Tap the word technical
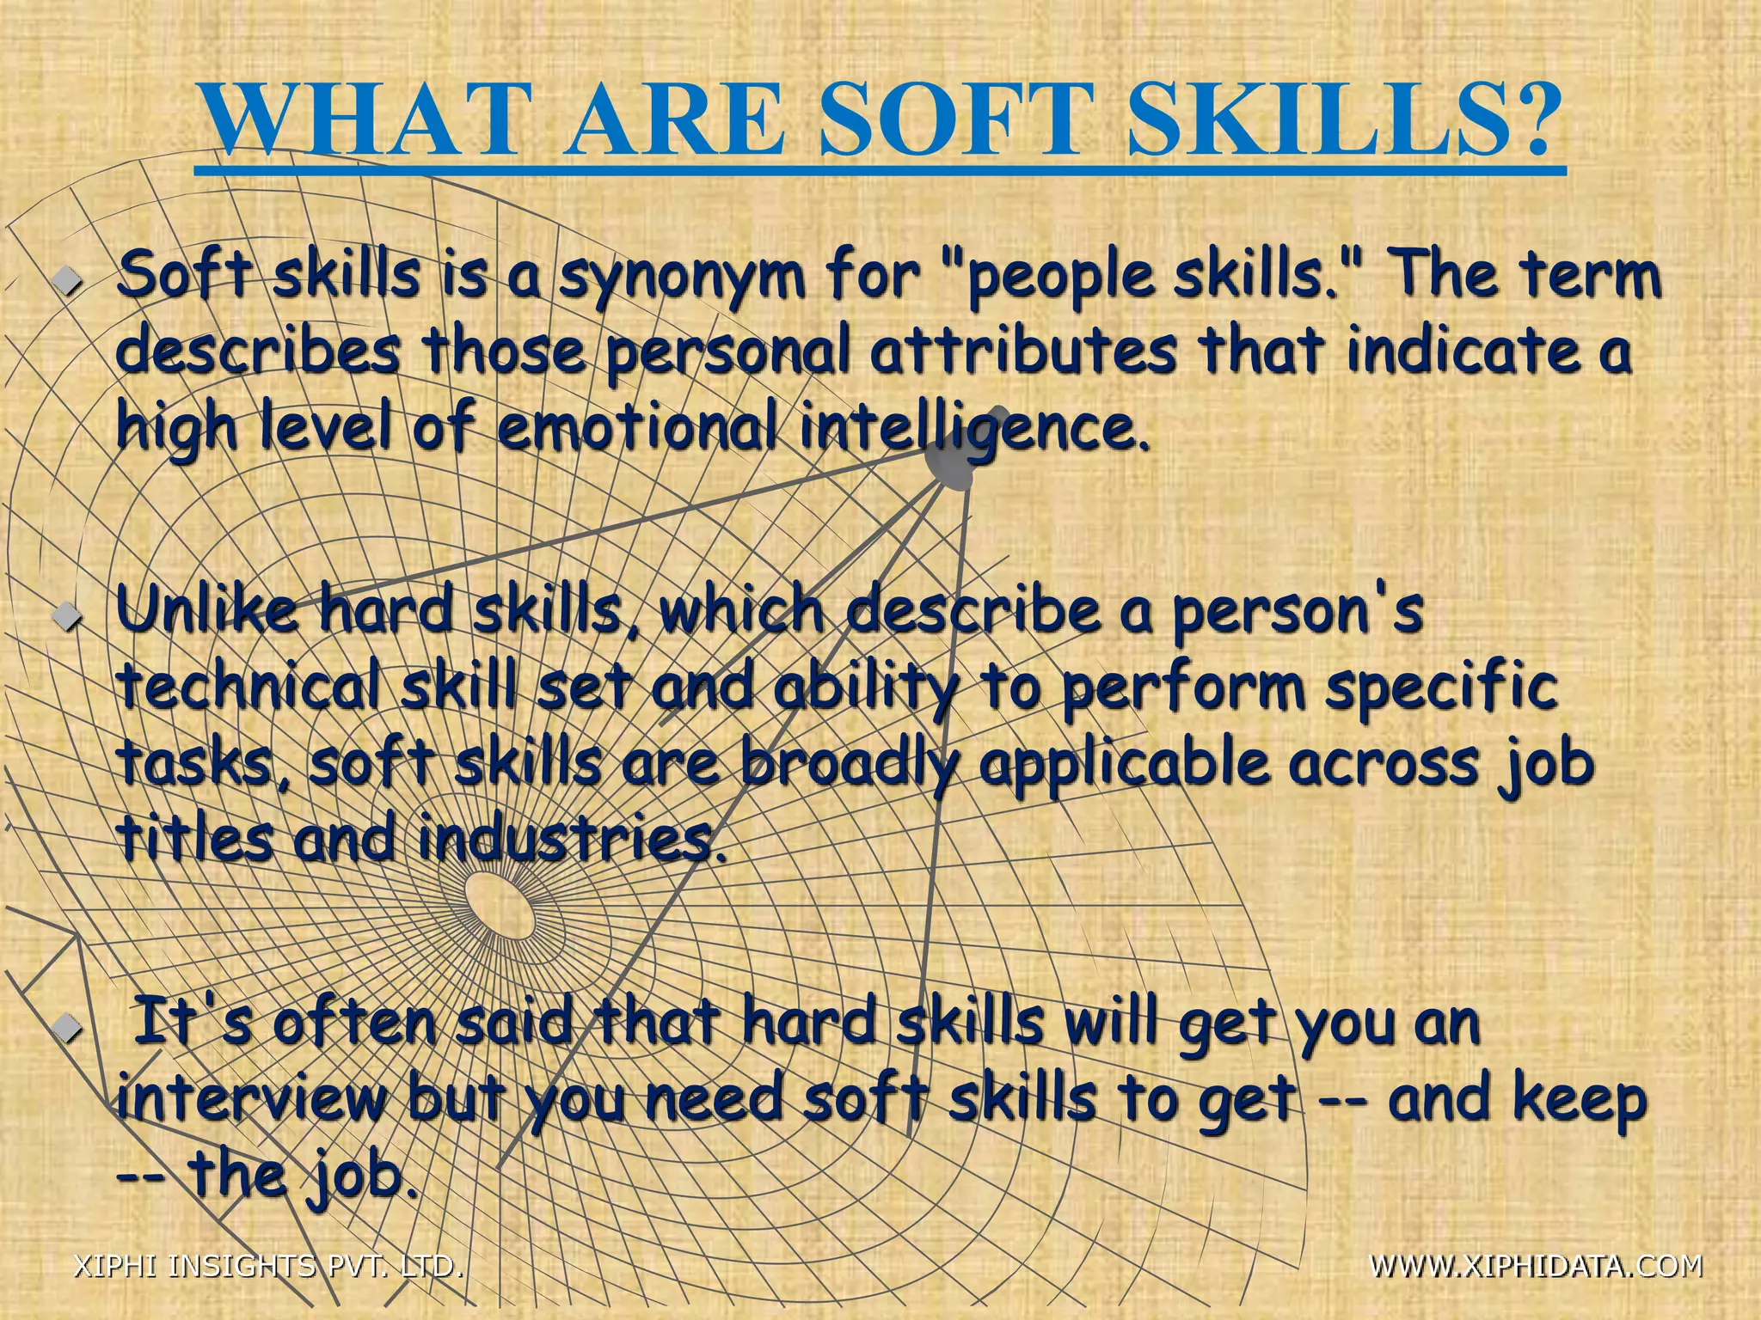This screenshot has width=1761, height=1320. [249, 687]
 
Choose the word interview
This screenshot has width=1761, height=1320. [250, 1100]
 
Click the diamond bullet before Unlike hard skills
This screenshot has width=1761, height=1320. [65, 614]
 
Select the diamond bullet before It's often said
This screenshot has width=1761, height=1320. [65, 1026]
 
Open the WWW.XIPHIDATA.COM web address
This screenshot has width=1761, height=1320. [1535, 1265]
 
